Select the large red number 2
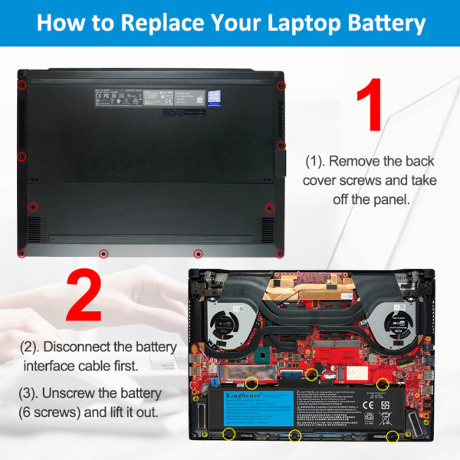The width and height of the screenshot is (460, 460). click(84, 294)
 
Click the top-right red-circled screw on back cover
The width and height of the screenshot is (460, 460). click(281, 86)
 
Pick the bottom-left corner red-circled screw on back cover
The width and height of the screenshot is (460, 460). click(22, 253)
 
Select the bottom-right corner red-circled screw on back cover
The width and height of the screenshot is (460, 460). click(280, 253)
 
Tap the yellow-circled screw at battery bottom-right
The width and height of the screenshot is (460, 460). click(393, 437)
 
